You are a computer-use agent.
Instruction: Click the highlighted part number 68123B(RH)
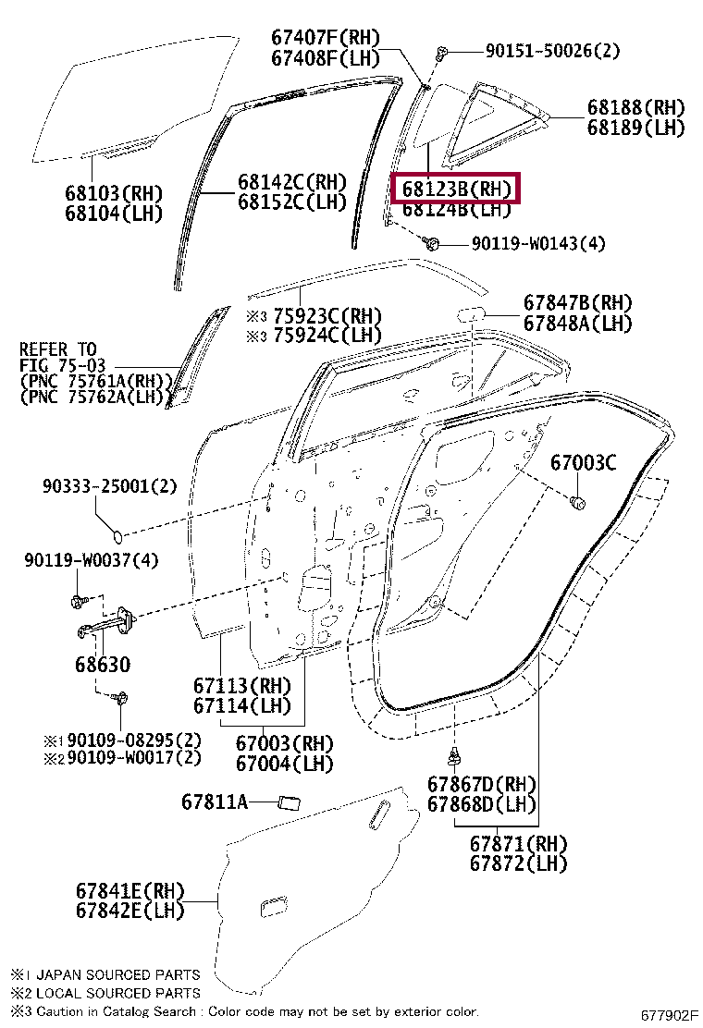point(457,190)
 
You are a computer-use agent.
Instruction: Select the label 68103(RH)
point(113,193)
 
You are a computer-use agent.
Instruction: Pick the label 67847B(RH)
point(577,303)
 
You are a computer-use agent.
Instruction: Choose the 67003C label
point(583,462)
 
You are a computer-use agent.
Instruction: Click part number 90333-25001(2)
point(109,485)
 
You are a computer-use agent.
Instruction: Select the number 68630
point(103,664)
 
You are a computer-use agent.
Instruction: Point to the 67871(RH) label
point(518,844)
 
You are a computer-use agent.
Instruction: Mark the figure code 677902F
point(669,1016)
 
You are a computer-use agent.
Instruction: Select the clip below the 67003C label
point(577,503)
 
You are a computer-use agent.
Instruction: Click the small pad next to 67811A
point(290,801)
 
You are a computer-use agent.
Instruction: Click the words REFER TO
point(58,350)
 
